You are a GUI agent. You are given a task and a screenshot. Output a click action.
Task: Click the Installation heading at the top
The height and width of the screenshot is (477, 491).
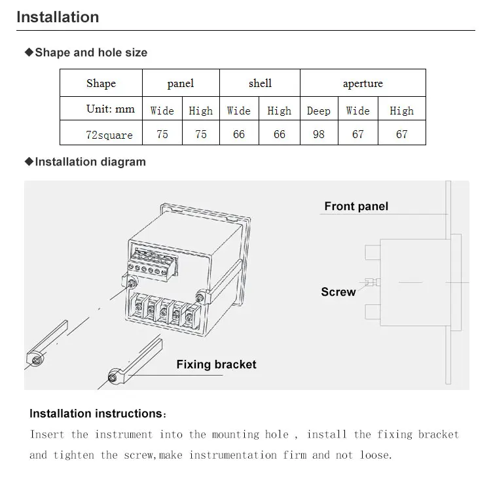[58, 17]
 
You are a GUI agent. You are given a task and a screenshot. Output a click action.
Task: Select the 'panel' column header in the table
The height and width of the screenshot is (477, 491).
[181, 83]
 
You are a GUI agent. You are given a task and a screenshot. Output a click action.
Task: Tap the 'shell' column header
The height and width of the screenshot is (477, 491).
[260, 83]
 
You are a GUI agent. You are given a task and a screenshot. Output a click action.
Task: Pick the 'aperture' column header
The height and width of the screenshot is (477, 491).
[363, 84]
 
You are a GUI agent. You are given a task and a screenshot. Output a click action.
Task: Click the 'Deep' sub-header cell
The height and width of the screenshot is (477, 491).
[319, 111]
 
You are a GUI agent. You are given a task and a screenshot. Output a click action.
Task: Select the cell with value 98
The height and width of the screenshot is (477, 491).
[319, 134]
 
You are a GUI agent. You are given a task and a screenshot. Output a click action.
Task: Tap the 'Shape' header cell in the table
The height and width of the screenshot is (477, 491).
[101, 83]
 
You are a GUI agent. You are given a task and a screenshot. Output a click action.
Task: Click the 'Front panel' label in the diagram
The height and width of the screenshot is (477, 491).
[356, 206]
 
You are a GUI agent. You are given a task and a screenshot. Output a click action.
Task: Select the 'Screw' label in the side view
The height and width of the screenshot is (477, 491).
[338, 292]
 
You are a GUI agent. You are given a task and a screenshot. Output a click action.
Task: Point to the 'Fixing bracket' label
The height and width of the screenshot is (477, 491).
[216, 364]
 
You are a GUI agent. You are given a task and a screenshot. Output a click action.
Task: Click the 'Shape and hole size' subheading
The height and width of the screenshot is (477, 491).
[90, 52]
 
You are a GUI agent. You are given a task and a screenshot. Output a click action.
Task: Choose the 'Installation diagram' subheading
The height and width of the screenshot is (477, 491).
[90, 162]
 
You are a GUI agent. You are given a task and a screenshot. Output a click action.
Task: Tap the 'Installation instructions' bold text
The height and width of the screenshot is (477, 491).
[96, 414]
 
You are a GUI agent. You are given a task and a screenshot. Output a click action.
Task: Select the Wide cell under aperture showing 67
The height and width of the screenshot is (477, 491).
[358, 134]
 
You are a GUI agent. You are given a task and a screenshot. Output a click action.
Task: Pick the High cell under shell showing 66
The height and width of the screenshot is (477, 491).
[280, 134]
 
